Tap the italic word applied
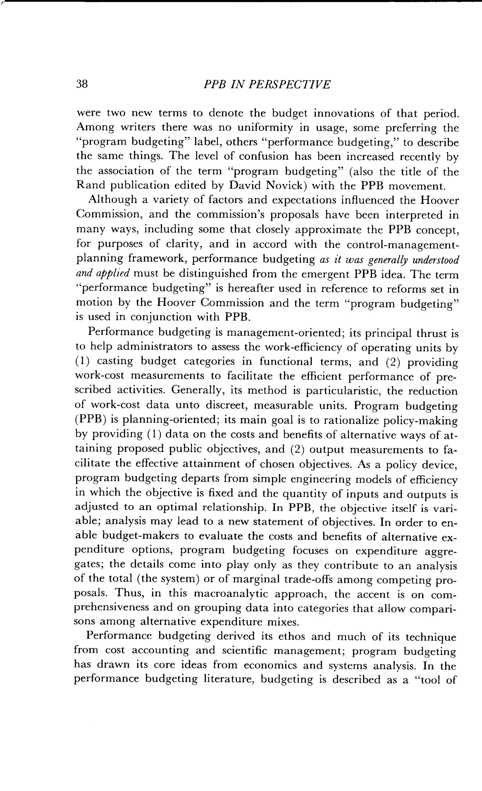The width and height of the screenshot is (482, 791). tap(116, 274)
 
